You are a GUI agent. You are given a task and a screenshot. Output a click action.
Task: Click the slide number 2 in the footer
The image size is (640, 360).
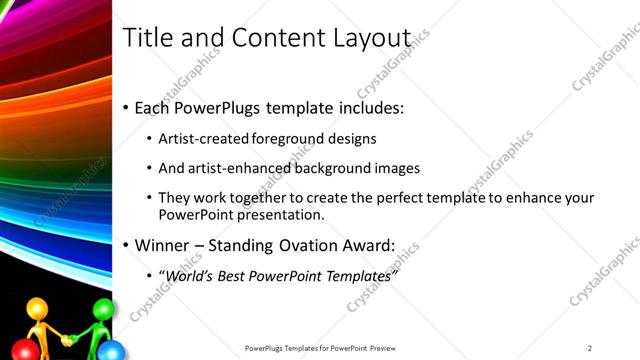590,348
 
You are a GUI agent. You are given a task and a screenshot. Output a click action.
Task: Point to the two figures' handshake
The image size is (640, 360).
68,341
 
